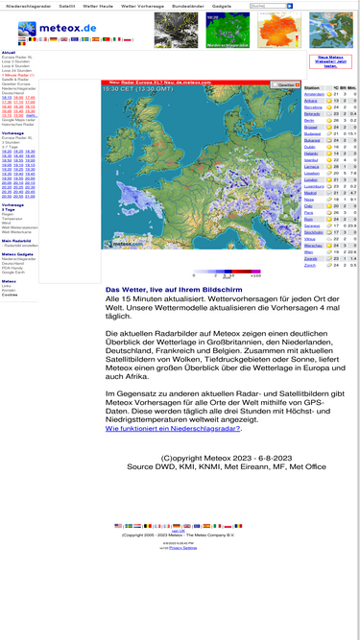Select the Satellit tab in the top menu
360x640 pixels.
(x=66, y=6)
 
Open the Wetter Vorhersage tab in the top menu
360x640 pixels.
(x=143, y=6)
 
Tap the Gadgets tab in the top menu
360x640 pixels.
(x=222, y=6)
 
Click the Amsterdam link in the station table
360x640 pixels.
(x=314, y=94)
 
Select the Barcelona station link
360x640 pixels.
(x=314, y=107)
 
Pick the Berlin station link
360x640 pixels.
(x=309, y=120)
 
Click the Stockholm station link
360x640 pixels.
(x=314, y=232)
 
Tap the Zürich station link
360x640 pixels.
(x=310, y=265)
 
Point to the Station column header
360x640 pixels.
(x=312, y=87)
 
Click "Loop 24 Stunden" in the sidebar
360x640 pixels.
(x=16, y=70)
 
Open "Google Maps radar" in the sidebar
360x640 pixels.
(x=18, y=119)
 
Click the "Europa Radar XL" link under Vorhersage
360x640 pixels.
(x=16, y=137)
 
